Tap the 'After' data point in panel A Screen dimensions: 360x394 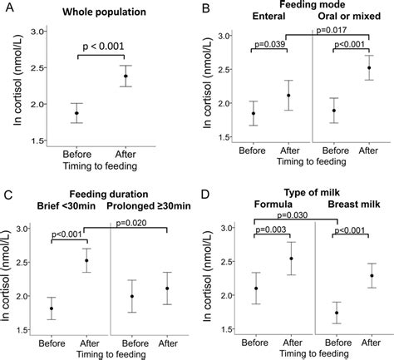pyautogui.click(x=126, y=76)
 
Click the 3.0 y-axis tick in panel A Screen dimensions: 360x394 pyautogui.click(x=37, y=31)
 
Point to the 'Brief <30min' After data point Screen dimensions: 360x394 pyautogui.click(x=86, y=260)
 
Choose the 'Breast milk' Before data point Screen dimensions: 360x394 pyautogui.click(x=336, y=313)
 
